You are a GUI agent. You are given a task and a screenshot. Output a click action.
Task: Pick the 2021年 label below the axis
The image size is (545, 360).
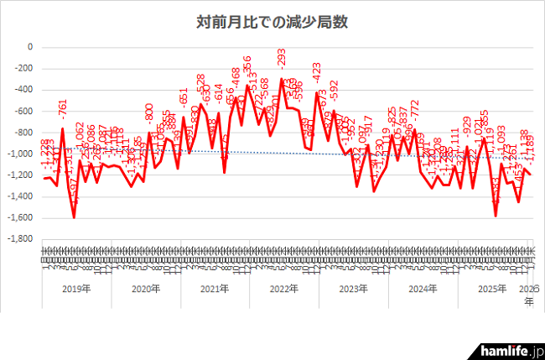coord(216,290)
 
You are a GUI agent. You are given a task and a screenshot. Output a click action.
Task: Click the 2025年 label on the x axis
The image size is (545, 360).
coord(496,290)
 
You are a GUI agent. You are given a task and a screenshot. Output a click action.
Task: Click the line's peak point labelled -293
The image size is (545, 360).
coord(281,79)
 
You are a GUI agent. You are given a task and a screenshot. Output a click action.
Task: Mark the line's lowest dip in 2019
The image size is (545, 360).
coord(74,217)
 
